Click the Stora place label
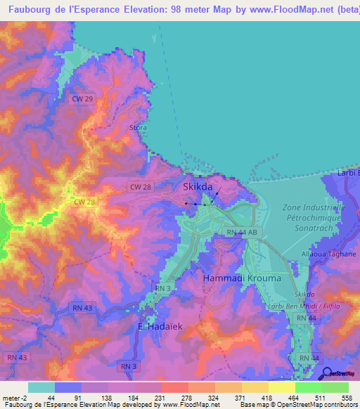(138, 127)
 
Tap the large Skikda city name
(198, 187)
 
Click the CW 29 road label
(82, 100)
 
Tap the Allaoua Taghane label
(328, 254)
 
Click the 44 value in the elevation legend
(51, 397)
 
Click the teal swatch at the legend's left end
(41, 387)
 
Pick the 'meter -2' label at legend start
(16, 397)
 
